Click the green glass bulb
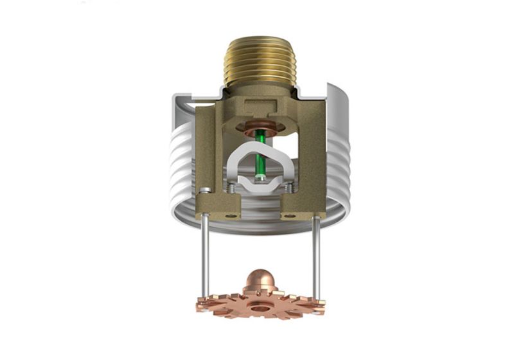click(x=261, y=154)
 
